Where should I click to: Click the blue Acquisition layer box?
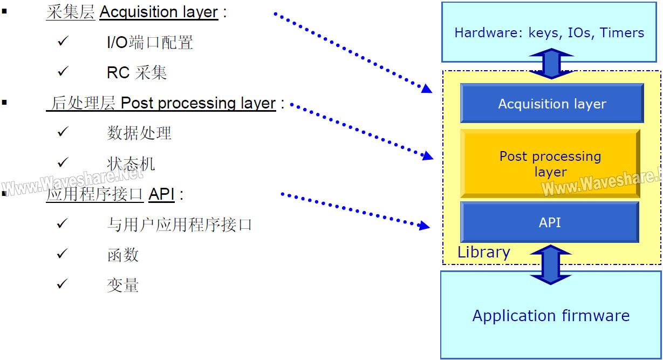pyautogui.click(x=551, y=103)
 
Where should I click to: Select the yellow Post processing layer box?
pyautogui.click(x=550, y=164)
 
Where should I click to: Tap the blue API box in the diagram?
pyautogui.click(x=550, y=222)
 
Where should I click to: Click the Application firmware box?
pyautogui.click(x=551, y=315)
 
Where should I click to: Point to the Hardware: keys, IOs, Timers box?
pyautogui.click(x=549, y=32)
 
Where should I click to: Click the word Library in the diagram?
pyautogui.click(x=484, y=253)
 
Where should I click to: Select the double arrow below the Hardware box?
pyautogui.click(x=551, y=64)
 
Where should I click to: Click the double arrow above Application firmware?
pyautogui.click(x=551, y=264)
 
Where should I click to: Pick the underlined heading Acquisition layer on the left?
pyautogui.click(x=159, y=12)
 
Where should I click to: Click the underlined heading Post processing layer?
pyautogui.click(x=198, y=103)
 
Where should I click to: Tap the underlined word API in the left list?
pyautogui.click(x=161, y=194)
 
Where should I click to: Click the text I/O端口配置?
pyautogui.click(x=149, y=42)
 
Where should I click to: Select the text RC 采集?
pyautogui.click(x=136, y=72)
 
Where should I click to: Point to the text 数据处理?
pyautogui.click(x=139, y=133)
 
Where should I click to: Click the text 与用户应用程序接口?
pyautogui.click(x=179, y=225)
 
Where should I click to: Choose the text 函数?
pyautogui.click(x=123, y=255)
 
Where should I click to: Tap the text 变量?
pyautogui.click(x=123, y=285)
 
